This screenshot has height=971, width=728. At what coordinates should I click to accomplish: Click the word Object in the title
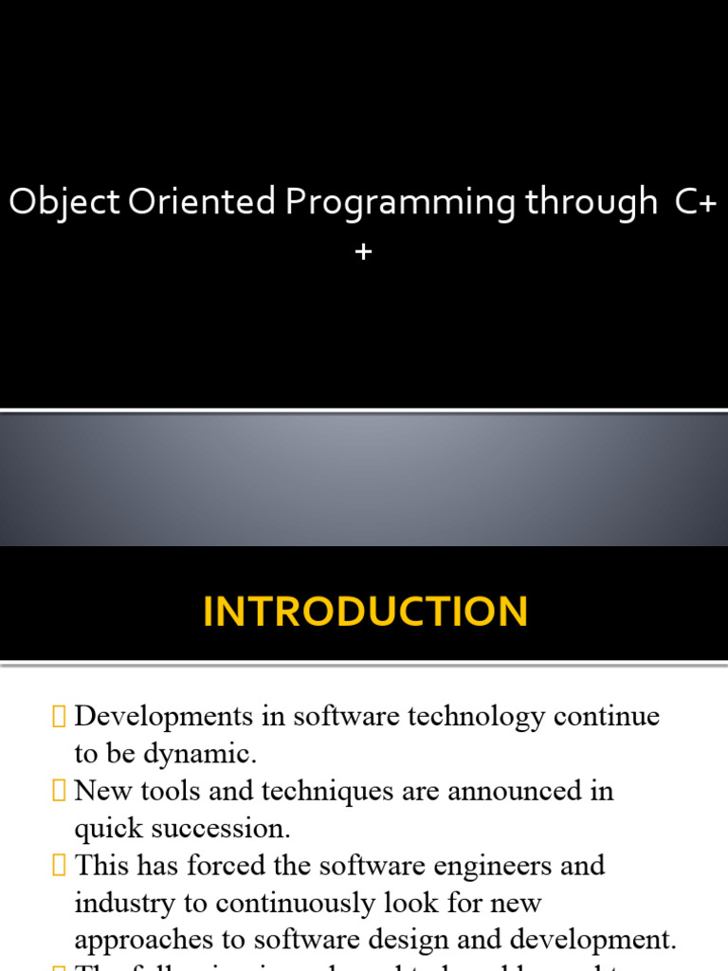pos(64,203)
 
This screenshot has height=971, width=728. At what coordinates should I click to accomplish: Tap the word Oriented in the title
pos(198,203)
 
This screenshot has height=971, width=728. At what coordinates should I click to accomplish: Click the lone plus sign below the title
pos(363,251)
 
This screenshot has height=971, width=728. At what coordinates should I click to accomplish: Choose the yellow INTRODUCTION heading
pos(365,612)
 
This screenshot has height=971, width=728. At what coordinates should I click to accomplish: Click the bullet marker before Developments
pos(61,717)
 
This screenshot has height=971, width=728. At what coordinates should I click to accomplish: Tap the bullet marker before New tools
pos(61,791)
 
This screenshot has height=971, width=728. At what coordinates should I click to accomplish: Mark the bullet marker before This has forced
pos(61,866)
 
